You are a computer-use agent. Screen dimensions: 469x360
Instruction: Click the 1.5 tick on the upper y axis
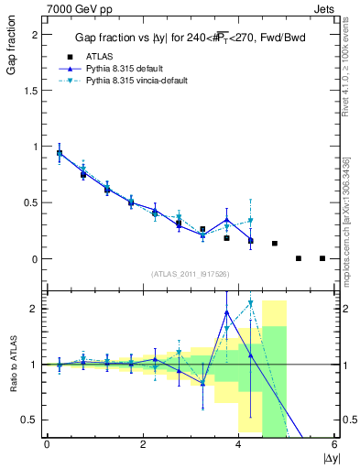[31, 90]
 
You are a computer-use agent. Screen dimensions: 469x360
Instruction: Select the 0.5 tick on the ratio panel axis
[31, 420]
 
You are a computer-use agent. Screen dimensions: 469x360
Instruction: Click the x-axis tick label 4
[238, 445]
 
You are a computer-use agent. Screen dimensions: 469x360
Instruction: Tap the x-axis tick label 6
[334, 445]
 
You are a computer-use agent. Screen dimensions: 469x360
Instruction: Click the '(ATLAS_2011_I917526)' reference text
[190, 274]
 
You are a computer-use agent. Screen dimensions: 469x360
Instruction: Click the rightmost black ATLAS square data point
[322, 258]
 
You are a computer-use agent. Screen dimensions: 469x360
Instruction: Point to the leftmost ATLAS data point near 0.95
[60, 153]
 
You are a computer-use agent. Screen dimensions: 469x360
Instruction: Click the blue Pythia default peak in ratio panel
[227, 312]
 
